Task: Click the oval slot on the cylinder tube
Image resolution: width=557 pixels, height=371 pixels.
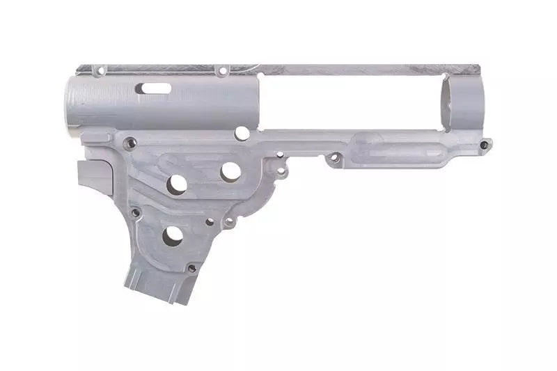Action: pyautogui.click(x=157, y=88)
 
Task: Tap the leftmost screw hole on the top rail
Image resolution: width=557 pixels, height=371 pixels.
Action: pyautogui.click(x=98, y=70)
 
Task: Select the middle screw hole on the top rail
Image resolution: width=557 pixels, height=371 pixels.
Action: pyautogui.click(x=222, y=71)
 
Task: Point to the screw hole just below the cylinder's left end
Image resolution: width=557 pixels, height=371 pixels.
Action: pyautogui.click(x=128, y=143)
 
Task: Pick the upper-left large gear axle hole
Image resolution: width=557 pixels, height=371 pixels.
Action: pyautogui.click(x=177, y=183)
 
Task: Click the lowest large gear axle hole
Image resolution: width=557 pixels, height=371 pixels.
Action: pyautogui.click(x=172, y=237)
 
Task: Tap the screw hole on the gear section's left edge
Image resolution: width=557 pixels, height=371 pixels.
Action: pyautogui.click(x=134, y=212)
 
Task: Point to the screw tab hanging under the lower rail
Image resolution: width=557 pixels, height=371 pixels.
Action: pyautogui.click(x=334, y=160)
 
